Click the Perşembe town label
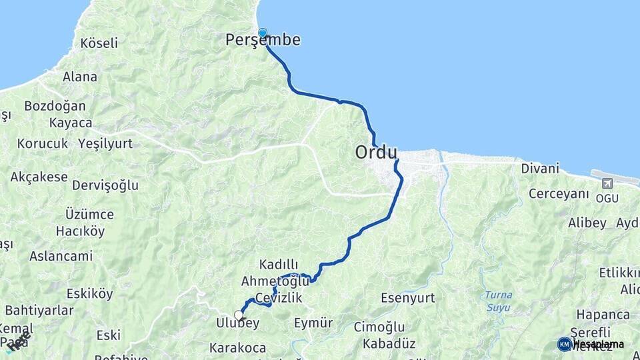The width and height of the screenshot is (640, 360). point(263,41)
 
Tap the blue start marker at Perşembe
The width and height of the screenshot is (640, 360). point(263,32)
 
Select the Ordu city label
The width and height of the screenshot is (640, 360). point(376,153)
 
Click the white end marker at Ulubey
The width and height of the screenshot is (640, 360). point(238,315)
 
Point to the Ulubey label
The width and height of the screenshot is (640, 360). point(237,323)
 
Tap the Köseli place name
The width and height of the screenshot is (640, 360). point(99,43)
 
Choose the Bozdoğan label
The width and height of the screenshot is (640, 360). point(55,106)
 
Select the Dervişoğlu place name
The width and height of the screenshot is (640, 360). point(105,185)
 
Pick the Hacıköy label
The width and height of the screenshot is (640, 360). point(81,231)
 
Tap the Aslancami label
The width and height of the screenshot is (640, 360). point(61,256)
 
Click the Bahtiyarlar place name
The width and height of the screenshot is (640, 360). point(39,311)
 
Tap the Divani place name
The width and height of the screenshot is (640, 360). point(540,169)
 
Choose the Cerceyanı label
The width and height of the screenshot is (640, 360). point(559,194)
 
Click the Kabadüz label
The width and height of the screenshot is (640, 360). point(389,344)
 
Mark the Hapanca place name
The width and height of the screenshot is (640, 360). point(603,314)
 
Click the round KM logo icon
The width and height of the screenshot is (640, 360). point(565,344)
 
